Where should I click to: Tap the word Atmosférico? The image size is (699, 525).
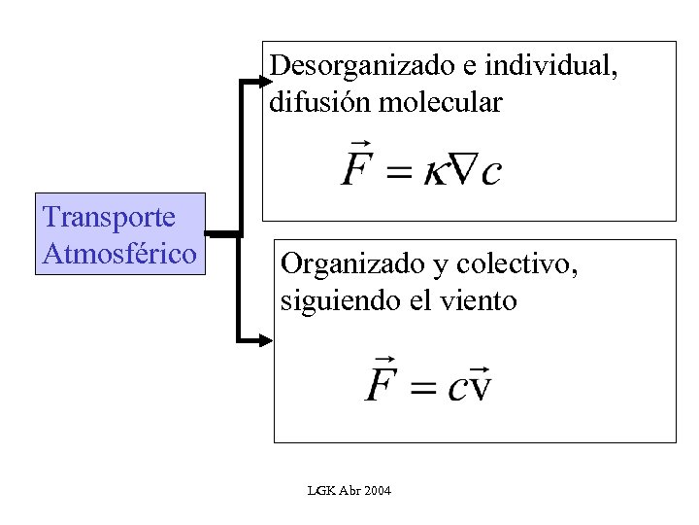pos(119,255)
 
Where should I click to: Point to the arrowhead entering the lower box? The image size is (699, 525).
pos(265,340)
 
